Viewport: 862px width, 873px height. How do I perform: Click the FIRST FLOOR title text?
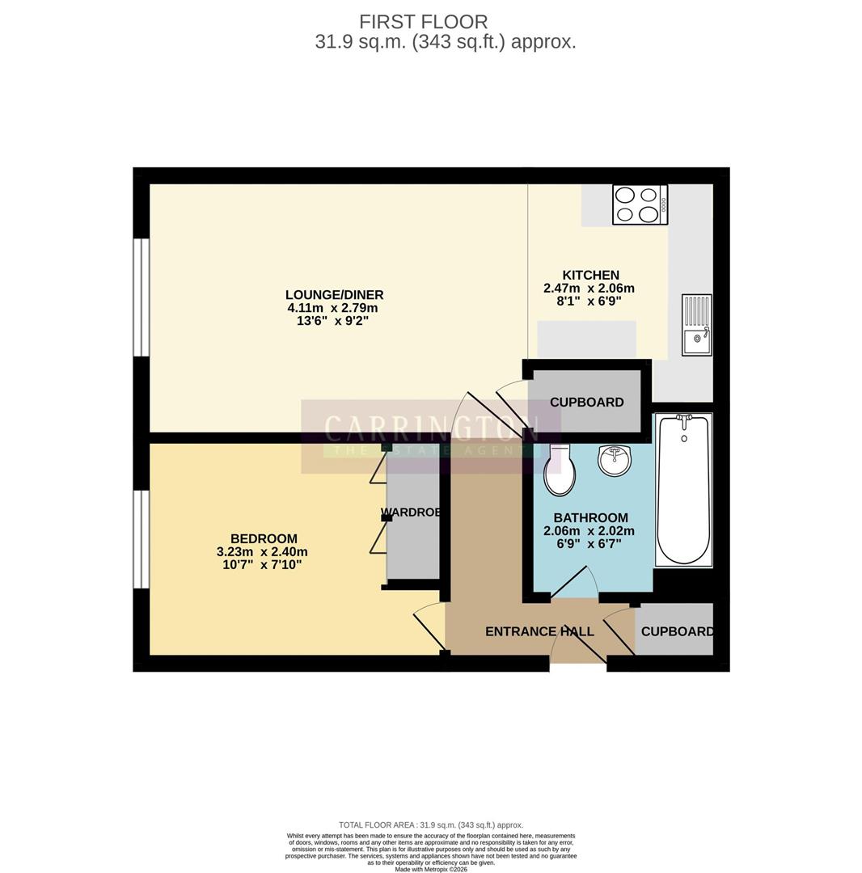[423, 22]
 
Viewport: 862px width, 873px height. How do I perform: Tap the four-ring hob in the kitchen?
[640, 204]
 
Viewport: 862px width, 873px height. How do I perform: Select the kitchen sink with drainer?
[696, 325]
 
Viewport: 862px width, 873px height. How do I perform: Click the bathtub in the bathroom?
[683, 490]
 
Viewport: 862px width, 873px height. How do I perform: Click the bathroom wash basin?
[615, 461]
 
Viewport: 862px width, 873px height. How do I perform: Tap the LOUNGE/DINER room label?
[334, 295]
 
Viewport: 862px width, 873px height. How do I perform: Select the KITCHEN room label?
[590, 276]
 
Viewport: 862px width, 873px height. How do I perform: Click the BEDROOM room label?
[264, 538]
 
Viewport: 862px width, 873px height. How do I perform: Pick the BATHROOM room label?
[590, 518]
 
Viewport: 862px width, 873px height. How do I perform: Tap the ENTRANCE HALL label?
[539, 631]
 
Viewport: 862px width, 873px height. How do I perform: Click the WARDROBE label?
[412, 512]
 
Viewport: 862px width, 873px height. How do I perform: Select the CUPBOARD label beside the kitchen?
[586, 403]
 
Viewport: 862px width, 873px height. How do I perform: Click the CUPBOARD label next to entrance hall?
[677, 631]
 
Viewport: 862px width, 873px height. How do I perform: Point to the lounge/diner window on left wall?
[142, 297]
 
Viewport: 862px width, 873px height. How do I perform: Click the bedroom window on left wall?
[142, 539]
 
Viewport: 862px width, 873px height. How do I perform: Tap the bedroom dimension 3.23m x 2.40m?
[262, 552]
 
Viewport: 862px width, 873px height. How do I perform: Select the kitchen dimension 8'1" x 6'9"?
[589, 302]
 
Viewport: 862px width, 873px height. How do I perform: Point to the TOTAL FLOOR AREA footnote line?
[431, 825]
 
